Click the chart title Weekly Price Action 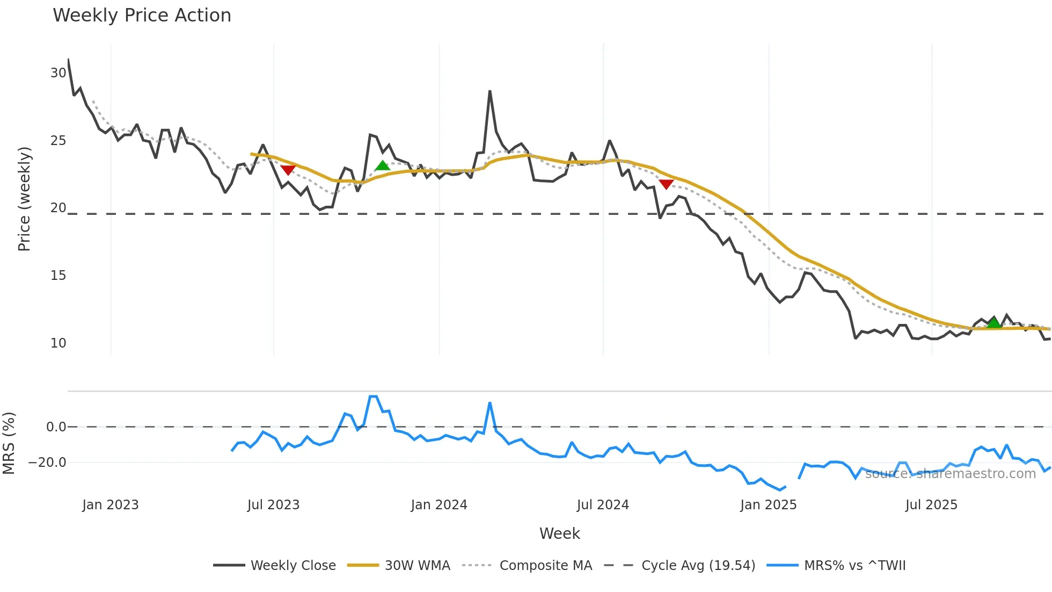point(142,16)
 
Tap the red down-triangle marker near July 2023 point(288,170)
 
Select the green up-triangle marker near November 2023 point(383,165)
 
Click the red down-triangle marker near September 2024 point(666,184)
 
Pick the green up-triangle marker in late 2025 point(994,323)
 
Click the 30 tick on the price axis point(58,73)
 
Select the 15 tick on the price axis point(58,276)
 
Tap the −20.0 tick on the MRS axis point(47,463)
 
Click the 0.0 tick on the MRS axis point(56,427)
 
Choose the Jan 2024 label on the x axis point(439,505)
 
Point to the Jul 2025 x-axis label point(931,505)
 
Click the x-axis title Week point(559,533)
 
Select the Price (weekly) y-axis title point(24,199)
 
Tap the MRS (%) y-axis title point(9,443)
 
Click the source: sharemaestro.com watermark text point(950,474)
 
